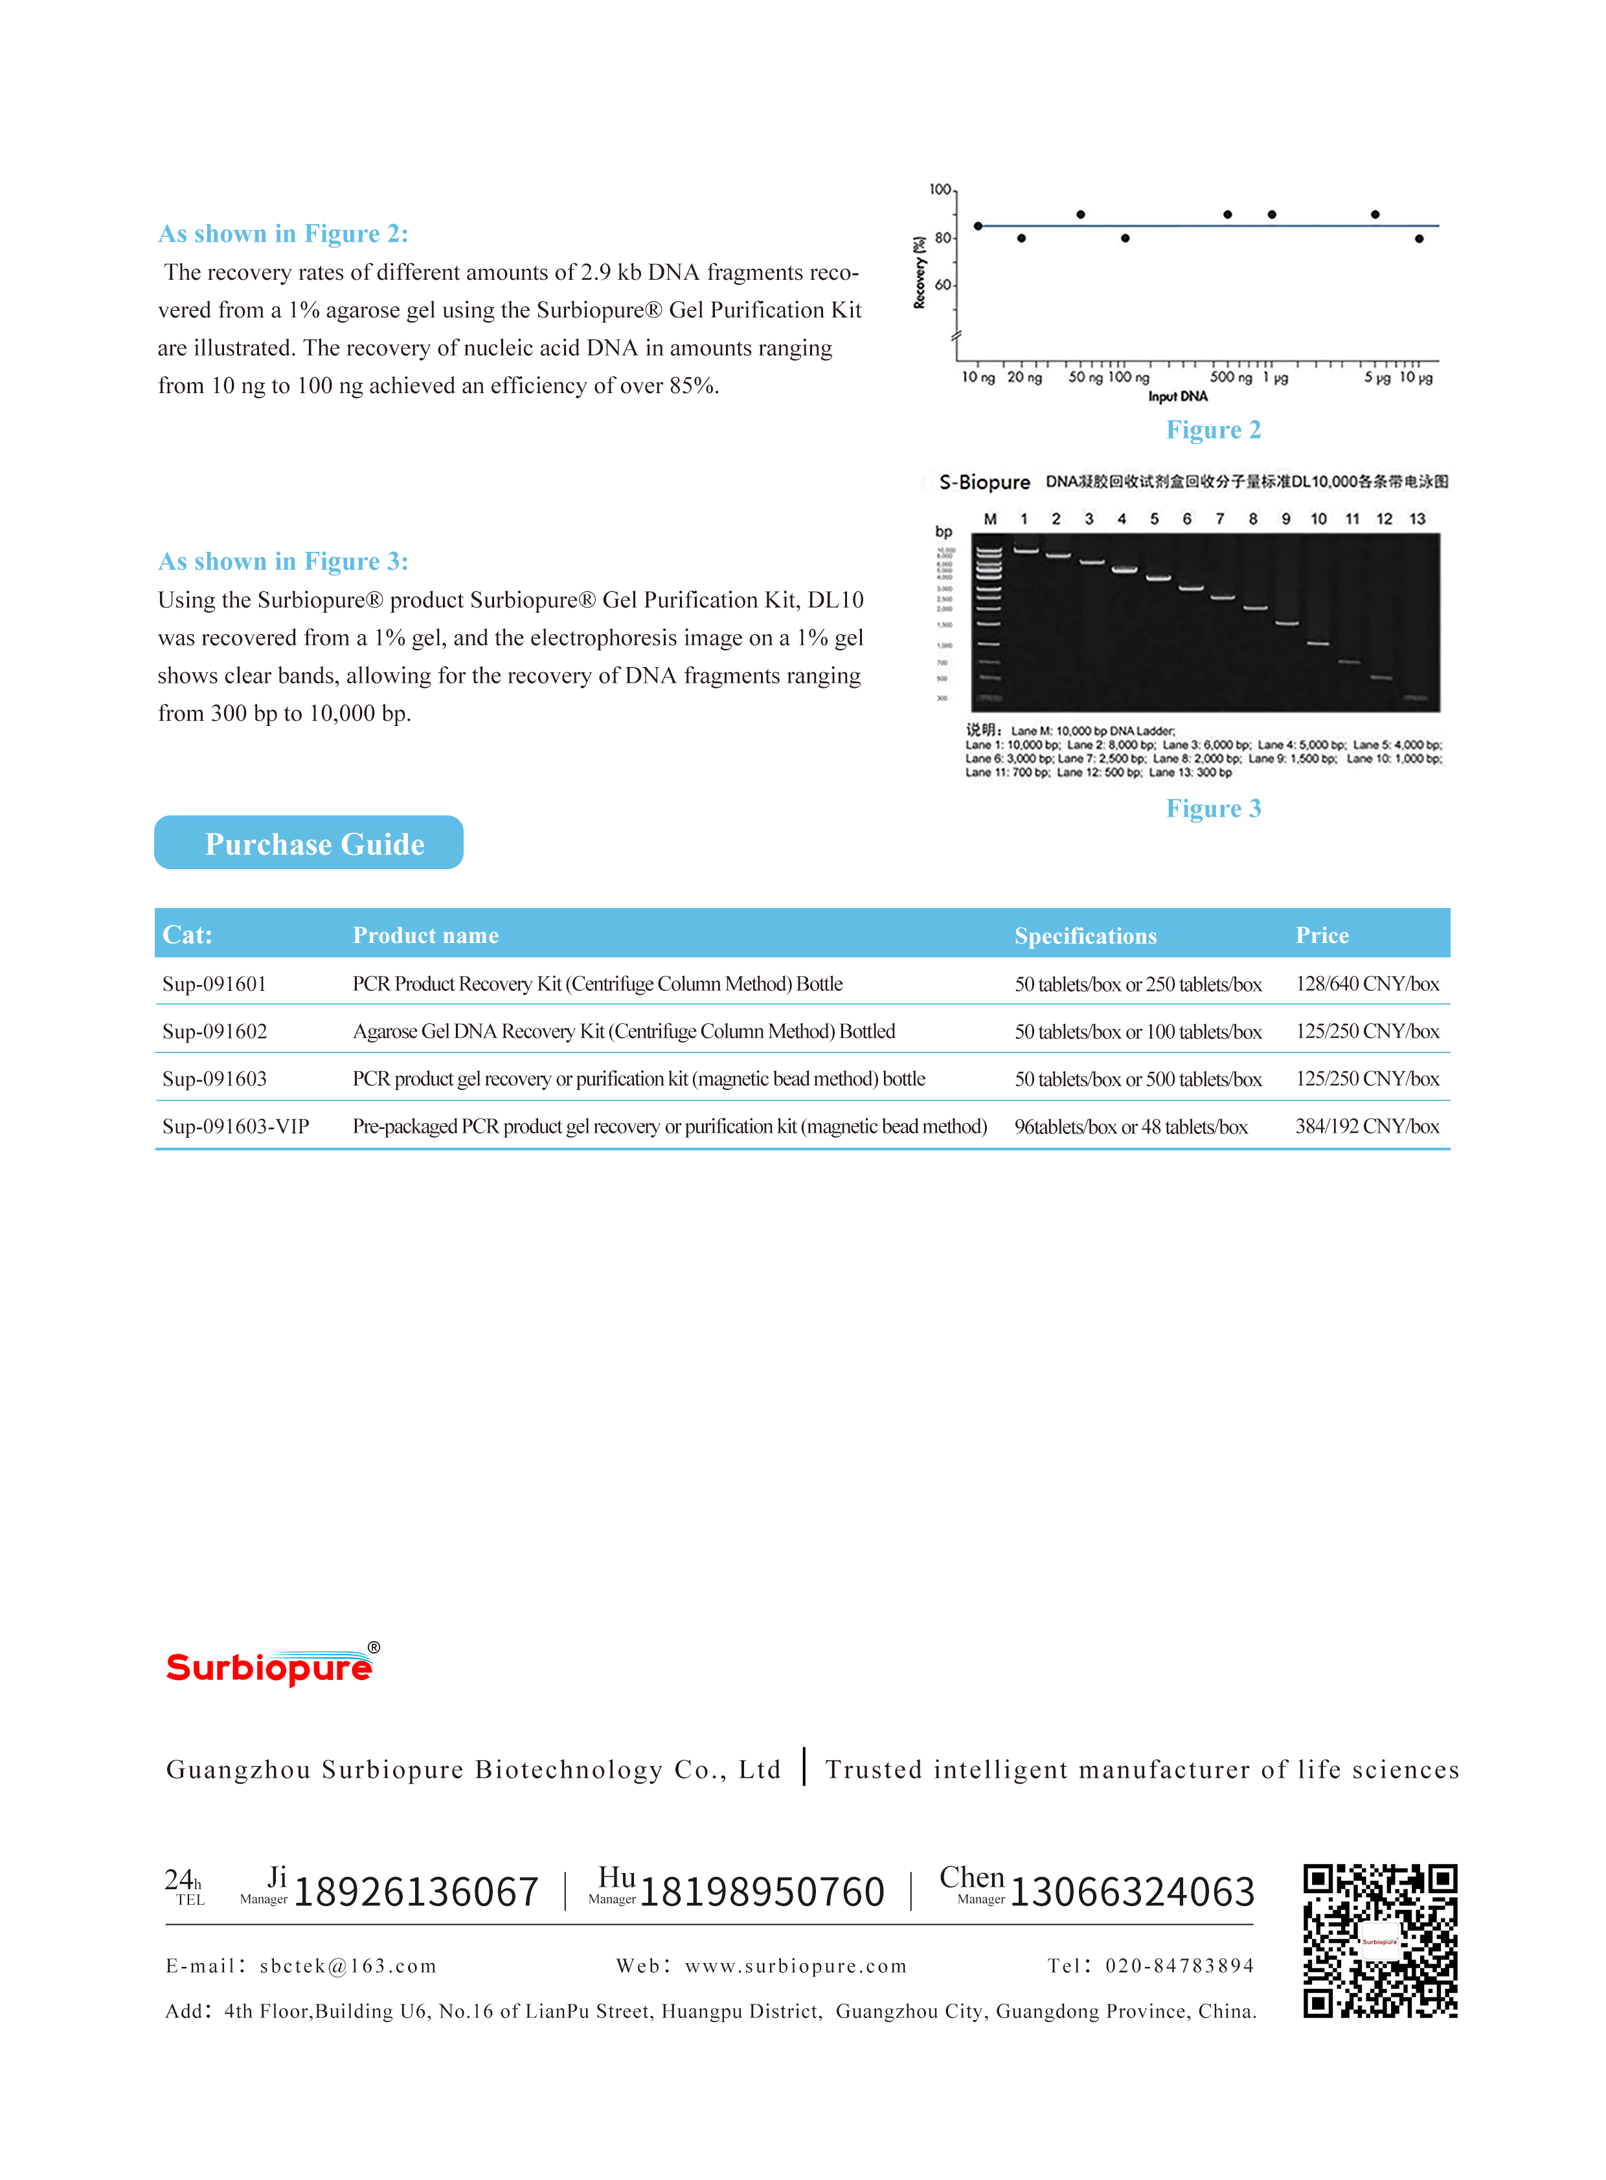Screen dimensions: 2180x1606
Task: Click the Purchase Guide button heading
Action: pos(309,843)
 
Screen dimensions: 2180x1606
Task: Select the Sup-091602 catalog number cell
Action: pos(215,1030)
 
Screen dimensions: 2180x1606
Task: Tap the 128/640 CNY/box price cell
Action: pos(1367,983)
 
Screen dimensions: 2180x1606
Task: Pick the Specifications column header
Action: pos(1085,935)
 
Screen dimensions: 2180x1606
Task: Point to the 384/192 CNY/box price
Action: pos(1367,1126)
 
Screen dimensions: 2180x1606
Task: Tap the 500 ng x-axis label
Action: pos(1231,378)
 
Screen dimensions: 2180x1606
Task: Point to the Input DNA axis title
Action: pos(1178,397)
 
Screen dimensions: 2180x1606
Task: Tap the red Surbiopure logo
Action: pos(270,1666)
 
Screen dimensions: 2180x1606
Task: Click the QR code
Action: pos(1379,1940)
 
